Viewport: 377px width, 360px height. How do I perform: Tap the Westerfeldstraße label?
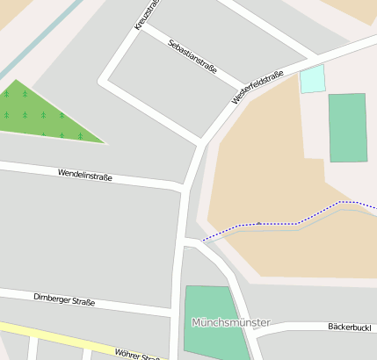[x=257, y=88]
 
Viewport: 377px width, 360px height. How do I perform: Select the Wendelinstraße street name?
[x=85, y=175]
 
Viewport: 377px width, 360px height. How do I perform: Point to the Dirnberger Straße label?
[x=64, y=301]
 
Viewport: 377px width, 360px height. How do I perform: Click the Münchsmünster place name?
[x=231, y=322]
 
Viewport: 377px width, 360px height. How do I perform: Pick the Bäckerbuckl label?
[x=352, y=327]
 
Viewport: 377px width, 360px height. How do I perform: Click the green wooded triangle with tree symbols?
[x=40, y=116]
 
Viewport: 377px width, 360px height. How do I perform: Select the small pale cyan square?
[x=312, y=79]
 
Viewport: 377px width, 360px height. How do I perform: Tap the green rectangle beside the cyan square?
[x=347, y=127]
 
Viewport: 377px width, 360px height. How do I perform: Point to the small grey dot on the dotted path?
[x=258, y=223]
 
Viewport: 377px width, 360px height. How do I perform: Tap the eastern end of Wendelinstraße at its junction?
[x=184, y=186]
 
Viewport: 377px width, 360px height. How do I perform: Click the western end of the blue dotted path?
[x=203, y=240]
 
